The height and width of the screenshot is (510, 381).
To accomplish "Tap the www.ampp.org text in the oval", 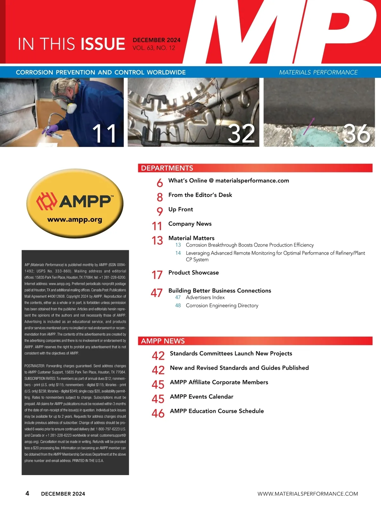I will tap(75, 219).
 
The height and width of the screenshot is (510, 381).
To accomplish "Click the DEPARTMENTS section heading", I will tap(167, 168).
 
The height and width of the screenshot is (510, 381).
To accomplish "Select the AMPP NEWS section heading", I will tap(163, 341).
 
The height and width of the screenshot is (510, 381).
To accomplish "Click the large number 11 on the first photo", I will tap(104, 134).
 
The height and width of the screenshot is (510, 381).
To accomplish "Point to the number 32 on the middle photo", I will tap(241, 134).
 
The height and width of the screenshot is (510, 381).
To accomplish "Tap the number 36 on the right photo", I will tap(357, 134).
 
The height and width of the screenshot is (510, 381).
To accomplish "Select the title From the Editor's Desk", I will tap(200, 195).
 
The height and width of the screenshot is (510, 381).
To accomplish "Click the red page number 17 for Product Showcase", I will tap(157, 275).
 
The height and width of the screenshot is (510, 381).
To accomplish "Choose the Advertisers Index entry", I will tap(205, 298).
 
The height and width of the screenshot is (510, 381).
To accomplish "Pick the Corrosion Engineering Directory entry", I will tap(222, 305).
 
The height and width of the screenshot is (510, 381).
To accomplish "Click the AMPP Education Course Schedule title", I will tap(217, 411).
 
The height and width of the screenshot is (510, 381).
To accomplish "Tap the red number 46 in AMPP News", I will tap(158, 413).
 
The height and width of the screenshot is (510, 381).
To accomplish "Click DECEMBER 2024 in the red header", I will tap(157, 40).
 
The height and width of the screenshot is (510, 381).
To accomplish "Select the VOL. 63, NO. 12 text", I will tap(154, 48).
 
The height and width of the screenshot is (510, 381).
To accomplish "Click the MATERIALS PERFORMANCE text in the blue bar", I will tap(318, 72).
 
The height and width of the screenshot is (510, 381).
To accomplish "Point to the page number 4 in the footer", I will tap(27, 493).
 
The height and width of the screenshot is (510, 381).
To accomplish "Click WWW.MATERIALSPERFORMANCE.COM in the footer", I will tap(308, 494).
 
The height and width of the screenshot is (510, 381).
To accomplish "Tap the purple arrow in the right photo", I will tap(309, 125).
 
